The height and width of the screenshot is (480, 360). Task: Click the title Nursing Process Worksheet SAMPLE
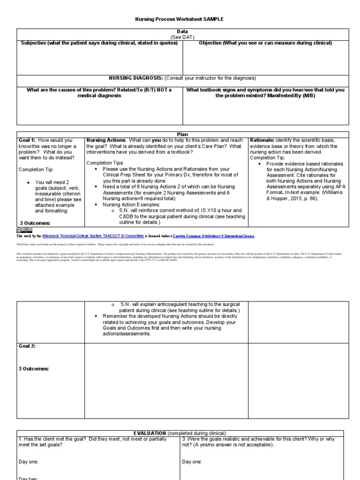pos(180,19)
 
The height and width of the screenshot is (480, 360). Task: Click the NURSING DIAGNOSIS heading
pos(136,78)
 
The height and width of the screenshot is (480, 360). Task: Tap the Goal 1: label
pos(27,140)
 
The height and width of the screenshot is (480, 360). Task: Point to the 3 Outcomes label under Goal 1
pos(35,223)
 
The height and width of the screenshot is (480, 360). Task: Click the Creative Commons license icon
pos(23,229)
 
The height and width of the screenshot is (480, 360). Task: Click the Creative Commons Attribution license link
pos(214,236)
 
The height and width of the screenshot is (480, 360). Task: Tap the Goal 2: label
pos(27,346)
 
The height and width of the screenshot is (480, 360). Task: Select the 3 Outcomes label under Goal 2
pos(34,368)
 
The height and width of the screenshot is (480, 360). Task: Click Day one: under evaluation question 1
pos(29,462)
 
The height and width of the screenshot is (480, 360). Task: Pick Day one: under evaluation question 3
pos(192,462)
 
